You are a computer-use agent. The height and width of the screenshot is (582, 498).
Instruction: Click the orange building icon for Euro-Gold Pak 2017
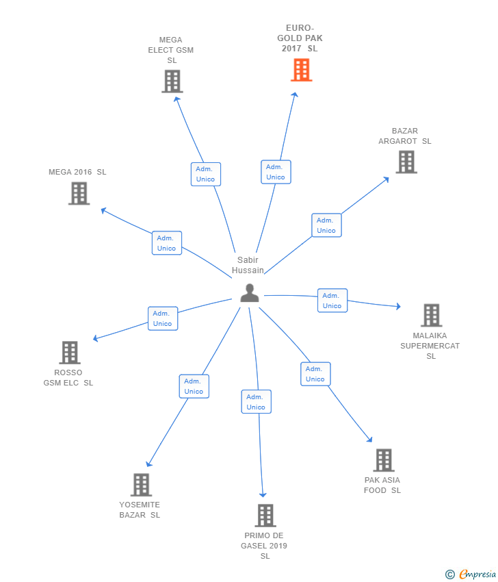(x=301, y=70)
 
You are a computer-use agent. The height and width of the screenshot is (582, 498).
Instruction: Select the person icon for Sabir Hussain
(x=250, y=293)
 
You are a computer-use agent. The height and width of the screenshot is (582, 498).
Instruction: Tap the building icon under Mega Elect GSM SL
(x=172, y=81)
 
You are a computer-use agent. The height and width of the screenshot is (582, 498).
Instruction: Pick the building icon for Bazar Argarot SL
(x=406, y=162)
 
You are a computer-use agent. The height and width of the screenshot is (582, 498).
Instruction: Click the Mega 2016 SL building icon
(x=79, y=193)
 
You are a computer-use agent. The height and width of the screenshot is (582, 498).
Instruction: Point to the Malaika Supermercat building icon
(x=432, y=315)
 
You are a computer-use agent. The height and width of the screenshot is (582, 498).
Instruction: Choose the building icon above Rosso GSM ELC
(x=70, y=353)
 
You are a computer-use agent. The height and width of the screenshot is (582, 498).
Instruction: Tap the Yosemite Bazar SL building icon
(x=142, y=485)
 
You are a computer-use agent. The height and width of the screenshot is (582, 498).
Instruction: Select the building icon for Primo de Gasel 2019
(x=265, y=516)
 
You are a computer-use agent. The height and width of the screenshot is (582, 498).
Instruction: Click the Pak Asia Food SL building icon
(x=384, y=460)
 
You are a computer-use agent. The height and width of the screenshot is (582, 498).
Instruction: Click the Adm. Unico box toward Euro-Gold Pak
(x=276, y=172)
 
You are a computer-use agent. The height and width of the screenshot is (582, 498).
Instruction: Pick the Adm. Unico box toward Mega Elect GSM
(x=206, y=174)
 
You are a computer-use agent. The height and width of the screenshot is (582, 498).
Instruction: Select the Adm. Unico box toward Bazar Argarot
(x=327, y=225)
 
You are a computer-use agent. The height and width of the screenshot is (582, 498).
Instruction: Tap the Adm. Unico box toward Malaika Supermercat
(x=332, y=301)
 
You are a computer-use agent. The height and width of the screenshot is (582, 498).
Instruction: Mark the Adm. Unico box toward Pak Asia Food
(x=315, y=374)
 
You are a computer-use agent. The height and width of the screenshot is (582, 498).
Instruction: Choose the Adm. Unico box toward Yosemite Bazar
(x=194, y=386)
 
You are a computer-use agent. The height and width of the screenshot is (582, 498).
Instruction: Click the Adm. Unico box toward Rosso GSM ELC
(x=163, y=318)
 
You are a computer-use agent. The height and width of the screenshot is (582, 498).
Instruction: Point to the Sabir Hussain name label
(x=248, y=265)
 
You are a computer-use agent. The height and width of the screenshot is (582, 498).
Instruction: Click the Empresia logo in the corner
(x=470, y=574)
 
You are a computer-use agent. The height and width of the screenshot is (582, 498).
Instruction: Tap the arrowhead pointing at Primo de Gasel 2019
(x=263, y=495)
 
